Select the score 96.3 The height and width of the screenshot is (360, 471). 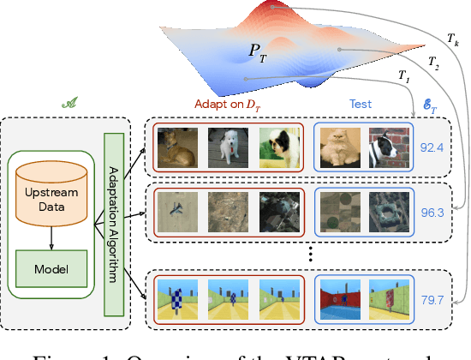click(432, 210)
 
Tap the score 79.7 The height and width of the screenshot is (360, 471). click(432, 300)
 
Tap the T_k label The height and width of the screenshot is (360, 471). click(453, 39)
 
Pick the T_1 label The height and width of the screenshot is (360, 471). click(403, 75)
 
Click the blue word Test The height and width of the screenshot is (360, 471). click(360, 104)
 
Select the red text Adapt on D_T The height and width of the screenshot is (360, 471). click(227, 104)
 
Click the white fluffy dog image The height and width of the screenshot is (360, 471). click(227, 147)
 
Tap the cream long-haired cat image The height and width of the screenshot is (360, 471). click(339, 147)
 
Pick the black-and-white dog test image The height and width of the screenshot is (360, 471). click(386, 147)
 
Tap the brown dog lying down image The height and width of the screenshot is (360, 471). click(177, 147)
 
